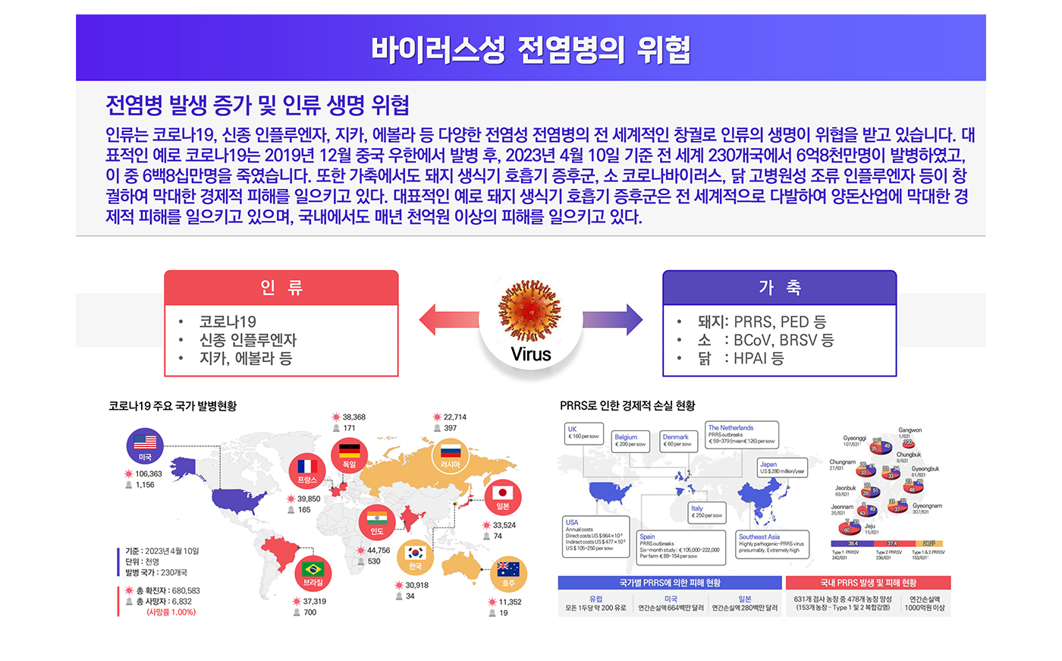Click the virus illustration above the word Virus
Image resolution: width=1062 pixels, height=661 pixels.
tap(530, 310)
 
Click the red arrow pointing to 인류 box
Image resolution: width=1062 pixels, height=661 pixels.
tap(448, 319)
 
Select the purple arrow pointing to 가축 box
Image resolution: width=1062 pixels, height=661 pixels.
tap(613, 319)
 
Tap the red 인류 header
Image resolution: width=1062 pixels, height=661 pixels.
tap(281, 288)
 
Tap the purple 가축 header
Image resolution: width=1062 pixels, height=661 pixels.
tap(779, 288)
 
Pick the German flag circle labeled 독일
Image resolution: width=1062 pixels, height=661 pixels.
tap(350, 453)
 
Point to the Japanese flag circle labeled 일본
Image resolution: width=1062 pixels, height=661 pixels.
tap(503, 497)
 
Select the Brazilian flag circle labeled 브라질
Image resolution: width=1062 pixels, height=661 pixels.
tap(313, 572)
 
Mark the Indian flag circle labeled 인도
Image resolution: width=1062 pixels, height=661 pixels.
tap(377, 521)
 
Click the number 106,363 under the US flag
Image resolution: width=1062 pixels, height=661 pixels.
tap(149, 474)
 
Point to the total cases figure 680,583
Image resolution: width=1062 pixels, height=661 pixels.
tap(186, 590)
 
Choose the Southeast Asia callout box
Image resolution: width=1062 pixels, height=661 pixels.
tap(772, 543)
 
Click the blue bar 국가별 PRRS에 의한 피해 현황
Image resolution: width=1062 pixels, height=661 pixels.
tap(669, 583)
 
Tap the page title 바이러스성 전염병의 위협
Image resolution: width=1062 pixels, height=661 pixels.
tap(530, 49)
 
